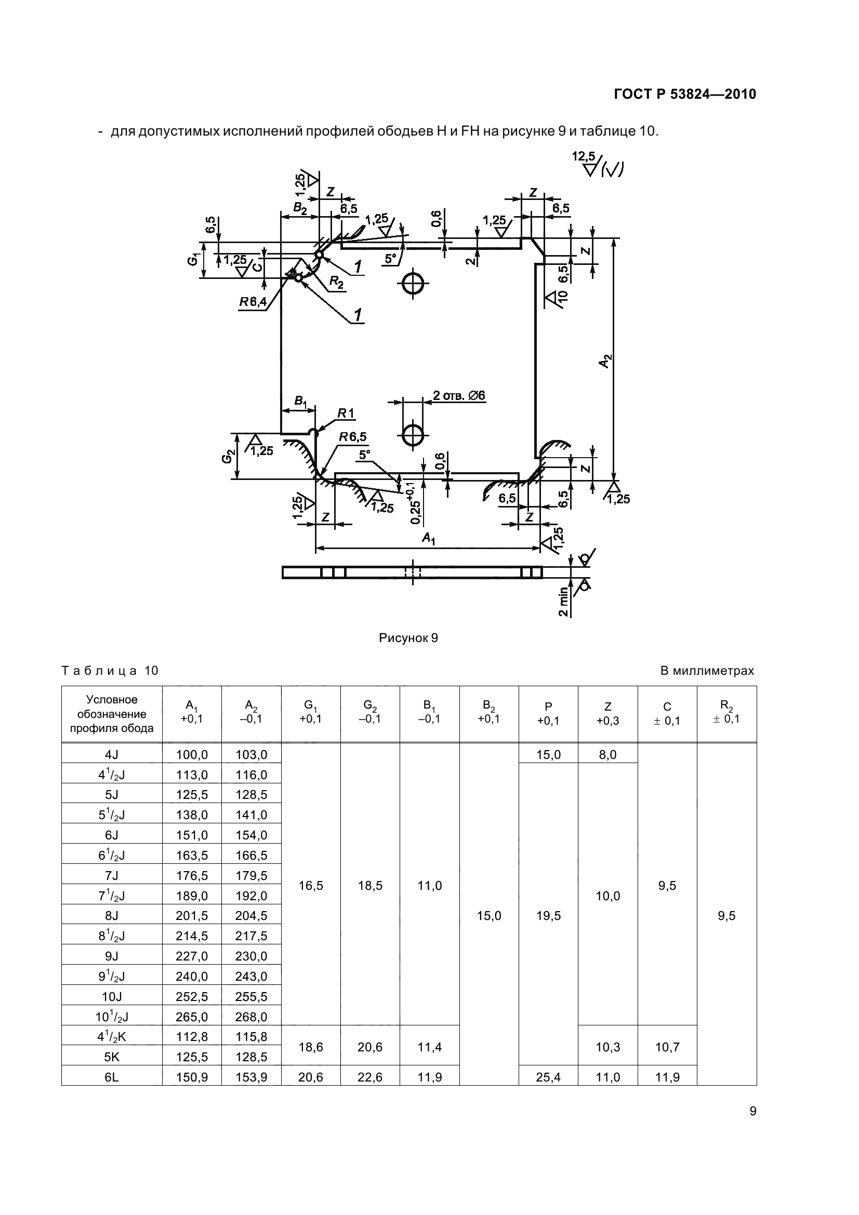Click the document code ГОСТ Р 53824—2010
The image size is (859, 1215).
click(684, 94)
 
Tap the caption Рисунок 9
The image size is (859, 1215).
click(408, 638)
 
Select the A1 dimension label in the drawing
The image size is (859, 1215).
click(428, 538)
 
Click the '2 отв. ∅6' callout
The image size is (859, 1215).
click(458, 395)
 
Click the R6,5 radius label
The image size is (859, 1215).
click(352, 436)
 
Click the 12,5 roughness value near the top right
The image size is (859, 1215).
click(583, 157)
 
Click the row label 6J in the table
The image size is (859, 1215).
click(112, 835)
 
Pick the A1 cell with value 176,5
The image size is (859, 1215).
click(192, 875)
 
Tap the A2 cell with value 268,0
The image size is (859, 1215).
click(251, 1017)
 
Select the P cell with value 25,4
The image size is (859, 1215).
click(548, 1076)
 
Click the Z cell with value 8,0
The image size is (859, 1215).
click(607, 754)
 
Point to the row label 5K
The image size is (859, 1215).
click(112, 1057)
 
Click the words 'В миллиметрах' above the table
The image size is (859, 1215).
click(707, 671)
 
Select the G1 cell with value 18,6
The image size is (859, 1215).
click(311, 1047)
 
